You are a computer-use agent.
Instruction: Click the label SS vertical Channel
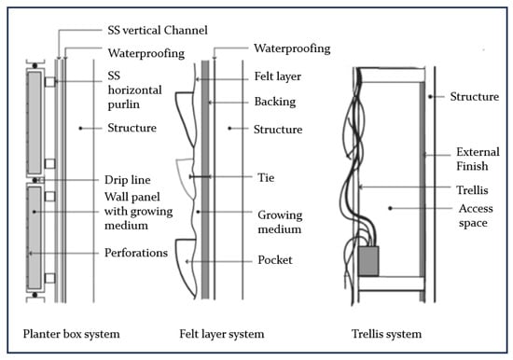[x=158, y=30]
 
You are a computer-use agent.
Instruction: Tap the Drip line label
[x=127, y=180]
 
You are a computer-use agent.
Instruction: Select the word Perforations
[x=136, y=253]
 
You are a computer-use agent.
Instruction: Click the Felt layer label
[x=278, y=76]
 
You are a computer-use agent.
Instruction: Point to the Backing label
[x=275, y=102]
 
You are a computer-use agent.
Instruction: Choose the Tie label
[x=266, y=178]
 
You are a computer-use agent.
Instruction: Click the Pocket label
[x=275, y=260]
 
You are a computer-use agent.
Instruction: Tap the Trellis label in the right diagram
[x=472, y=190]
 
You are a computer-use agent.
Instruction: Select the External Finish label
[x=478, y=159]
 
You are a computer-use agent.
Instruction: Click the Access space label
[x=476, y=215]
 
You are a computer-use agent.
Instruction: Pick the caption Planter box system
[x=71, y=334]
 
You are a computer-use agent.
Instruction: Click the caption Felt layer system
[x=221, y=334]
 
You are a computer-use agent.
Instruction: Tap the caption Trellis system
[x=386, y=334]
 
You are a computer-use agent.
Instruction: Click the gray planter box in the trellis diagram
[x=369, y=261]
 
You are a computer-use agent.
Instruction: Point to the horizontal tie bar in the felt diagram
[x=201, y=176]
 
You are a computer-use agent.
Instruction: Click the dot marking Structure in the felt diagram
[x=229, y=129]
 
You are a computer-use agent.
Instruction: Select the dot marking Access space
[x=390, y=208]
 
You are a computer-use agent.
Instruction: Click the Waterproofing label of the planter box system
[x=146, y=53]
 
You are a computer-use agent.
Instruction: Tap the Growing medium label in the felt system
[x=280, y=222]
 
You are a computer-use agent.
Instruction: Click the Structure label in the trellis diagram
[x=475, y=97]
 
